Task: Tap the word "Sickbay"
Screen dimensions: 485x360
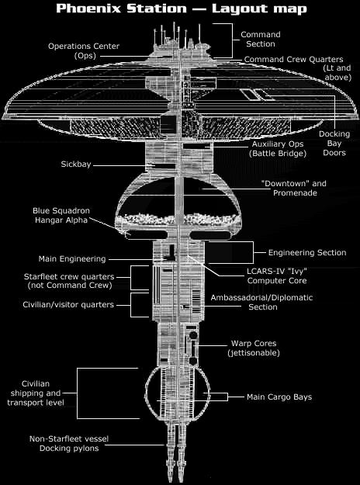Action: point(78,165)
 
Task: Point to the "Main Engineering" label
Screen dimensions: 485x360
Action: point(72,258)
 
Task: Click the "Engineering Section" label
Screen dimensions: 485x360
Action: point(307,253)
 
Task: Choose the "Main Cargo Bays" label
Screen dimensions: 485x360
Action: point(279,397)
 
